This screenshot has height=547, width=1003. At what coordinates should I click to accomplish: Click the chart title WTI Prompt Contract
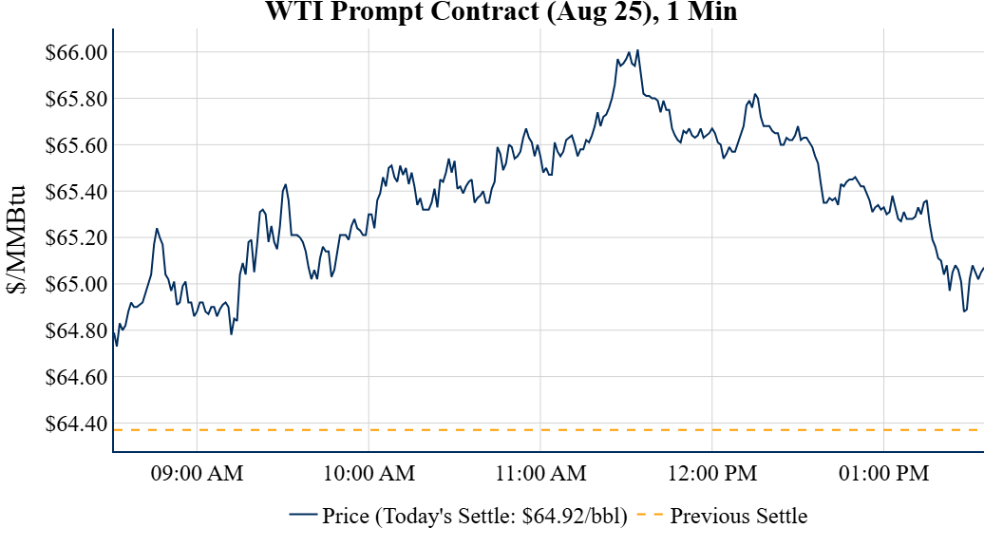501,12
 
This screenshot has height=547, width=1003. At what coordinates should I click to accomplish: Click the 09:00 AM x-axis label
197,472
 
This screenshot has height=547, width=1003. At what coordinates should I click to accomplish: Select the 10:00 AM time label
369,472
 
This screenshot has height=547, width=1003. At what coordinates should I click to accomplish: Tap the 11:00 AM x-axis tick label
540,472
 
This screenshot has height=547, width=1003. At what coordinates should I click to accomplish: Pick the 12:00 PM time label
712,472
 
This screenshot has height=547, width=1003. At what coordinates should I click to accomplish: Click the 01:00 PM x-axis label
884,472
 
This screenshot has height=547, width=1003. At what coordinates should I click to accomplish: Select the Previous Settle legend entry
738,517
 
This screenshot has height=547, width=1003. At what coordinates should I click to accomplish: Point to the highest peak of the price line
638,50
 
